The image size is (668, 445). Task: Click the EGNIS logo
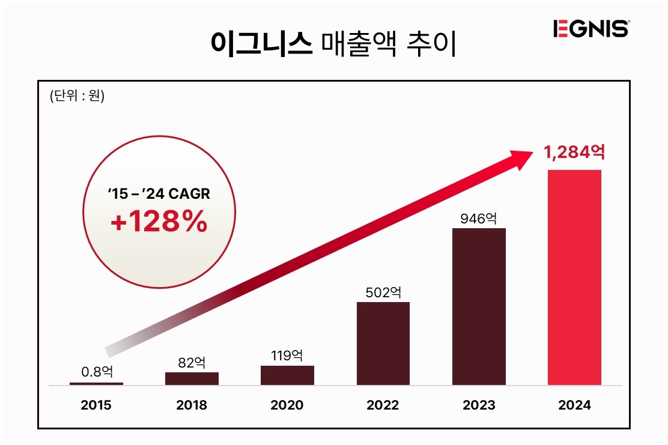[591, 29]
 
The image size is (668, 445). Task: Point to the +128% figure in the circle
[159, 222]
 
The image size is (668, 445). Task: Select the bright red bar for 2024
[574, 277]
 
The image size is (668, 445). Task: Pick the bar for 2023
[479, 306]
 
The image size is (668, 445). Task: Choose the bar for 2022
[383, 343]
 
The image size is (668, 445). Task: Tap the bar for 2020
[287, 375]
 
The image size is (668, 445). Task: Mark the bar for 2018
[192, 378]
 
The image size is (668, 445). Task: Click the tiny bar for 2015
[96, 383]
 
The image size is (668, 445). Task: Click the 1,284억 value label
[574, 153]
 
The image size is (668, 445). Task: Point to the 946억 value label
[479, 218]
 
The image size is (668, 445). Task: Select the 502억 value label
[383, 292]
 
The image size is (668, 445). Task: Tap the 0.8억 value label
[96, 372]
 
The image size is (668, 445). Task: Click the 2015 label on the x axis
[96, 405]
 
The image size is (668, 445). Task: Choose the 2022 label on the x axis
[383, 405]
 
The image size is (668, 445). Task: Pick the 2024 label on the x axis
[574, 405]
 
